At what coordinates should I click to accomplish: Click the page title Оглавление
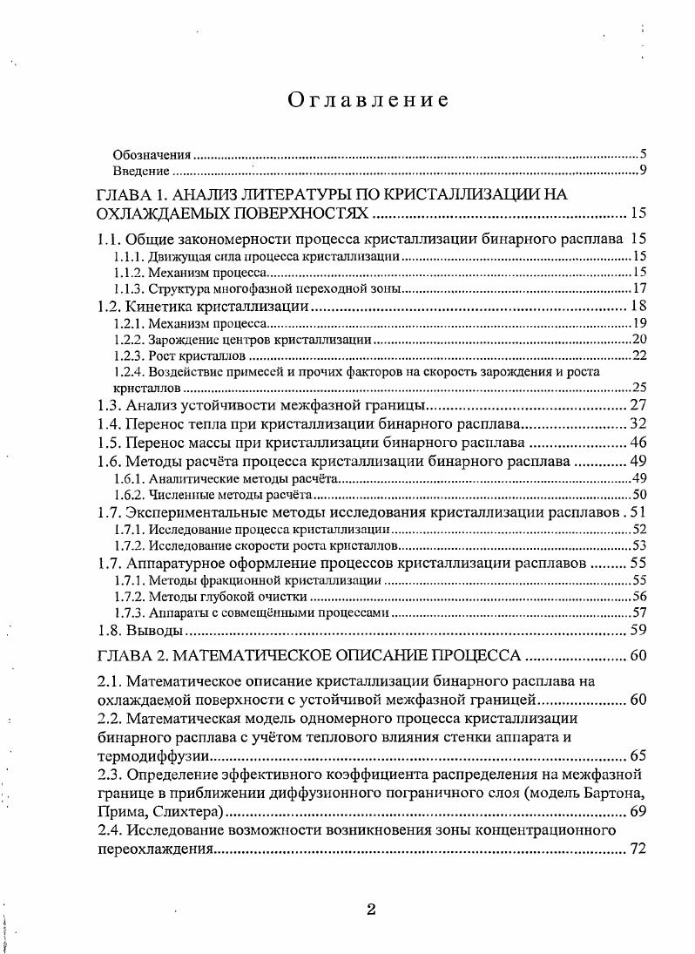368,100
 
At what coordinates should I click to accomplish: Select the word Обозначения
152,154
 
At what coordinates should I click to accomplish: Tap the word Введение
140,171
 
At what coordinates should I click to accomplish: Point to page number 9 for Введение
642,171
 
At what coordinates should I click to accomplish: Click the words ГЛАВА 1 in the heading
131,194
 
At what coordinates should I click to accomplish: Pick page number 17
638,288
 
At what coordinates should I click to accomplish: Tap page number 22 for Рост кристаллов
638,356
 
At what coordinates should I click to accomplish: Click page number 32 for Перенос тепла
637,424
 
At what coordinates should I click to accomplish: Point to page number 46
637,443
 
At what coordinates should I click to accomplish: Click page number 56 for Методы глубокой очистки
638,597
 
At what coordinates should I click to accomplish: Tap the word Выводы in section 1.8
154,631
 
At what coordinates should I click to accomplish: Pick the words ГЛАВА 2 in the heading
131,656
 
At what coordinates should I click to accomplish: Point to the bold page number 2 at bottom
371,910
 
